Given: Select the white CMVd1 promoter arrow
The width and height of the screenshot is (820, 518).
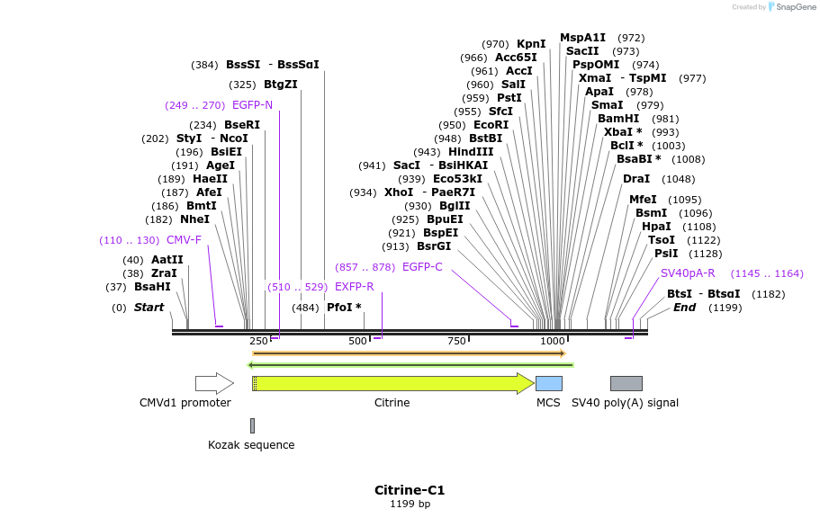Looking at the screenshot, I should [213, 383].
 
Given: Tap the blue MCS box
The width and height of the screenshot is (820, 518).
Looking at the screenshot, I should [548, 383].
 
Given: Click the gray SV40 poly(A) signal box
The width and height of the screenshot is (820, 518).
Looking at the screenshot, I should [626, 383].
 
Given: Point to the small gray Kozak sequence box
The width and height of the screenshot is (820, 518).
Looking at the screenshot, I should [252, 425].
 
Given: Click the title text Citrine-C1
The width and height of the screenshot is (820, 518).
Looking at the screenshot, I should [410, 490].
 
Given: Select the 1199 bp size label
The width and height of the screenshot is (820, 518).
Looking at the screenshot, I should [410, 505].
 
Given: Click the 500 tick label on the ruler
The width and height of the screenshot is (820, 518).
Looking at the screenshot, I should [357, 341].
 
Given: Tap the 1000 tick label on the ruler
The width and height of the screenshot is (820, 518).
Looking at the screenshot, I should [553, 341].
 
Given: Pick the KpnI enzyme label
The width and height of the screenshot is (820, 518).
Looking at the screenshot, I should [531, 44].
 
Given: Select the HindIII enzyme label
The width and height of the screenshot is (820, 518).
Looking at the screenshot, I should [471, 152].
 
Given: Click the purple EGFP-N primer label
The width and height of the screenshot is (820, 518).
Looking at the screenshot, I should [252, 105].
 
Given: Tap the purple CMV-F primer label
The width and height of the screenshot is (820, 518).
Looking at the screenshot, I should [184, 240].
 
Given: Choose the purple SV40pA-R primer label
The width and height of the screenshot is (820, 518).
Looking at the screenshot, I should [688, 273].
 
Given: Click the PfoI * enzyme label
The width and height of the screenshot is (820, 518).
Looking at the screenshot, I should [344, 308].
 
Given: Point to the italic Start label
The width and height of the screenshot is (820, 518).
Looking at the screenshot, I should [149, 308].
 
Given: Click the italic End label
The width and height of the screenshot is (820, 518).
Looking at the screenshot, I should [684, 308].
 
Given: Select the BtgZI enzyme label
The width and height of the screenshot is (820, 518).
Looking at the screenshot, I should [280, 85].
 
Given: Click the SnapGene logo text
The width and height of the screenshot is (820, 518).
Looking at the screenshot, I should [797, 7].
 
